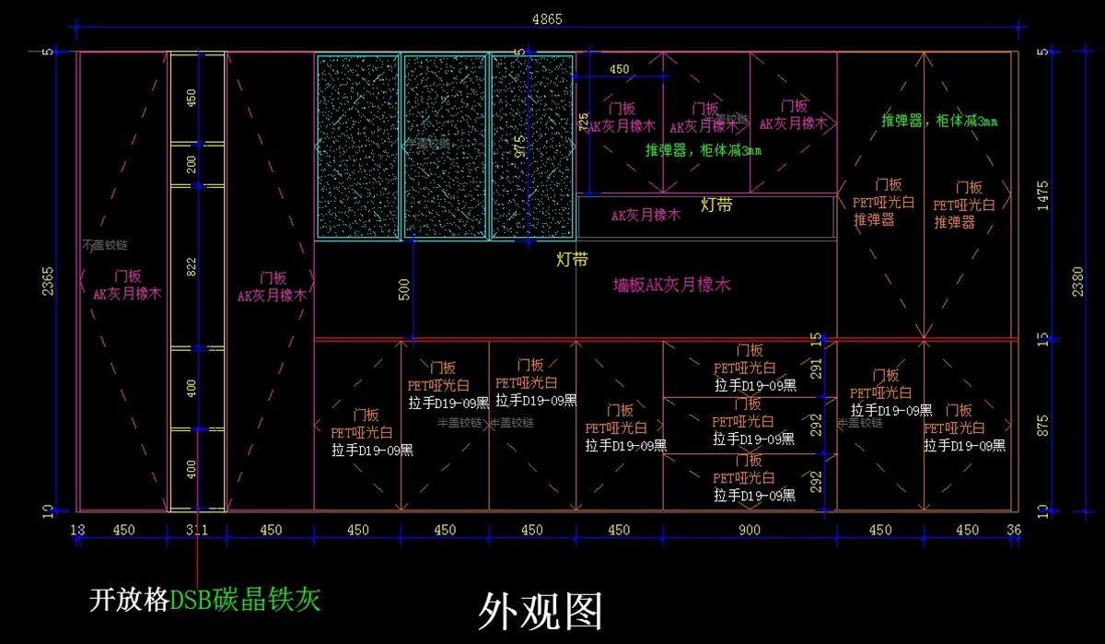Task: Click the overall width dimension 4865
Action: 547,18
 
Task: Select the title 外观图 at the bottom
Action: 541,611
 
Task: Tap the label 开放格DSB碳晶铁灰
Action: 205,601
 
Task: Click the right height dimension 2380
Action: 1078,281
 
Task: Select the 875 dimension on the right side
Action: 1042,425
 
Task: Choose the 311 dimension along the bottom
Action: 197,530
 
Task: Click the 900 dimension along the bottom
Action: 750,530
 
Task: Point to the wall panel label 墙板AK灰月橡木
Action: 672,286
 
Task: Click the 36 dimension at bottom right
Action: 1015,530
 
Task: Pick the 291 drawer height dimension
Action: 816,369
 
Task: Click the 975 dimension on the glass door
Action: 520,146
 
